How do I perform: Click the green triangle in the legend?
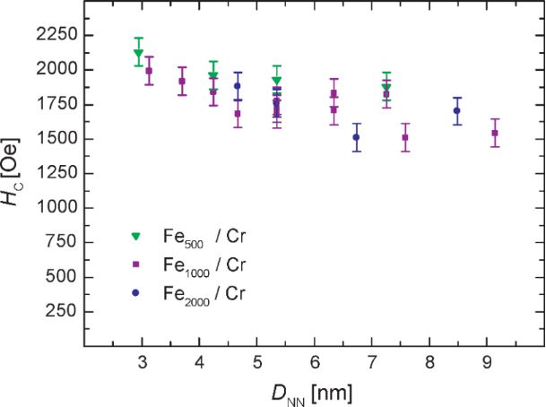coord(136,237)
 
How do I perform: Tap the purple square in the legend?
coord(136,264)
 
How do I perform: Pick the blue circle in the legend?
coord(136,293)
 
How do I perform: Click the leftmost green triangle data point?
coord(138,53)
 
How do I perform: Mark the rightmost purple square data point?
coord(495,134)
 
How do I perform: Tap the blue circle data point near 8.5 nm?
coord(457,111)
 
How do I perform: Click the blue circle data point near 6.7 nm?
coord(356,137)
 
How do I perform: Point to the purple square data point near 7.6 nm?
coord(405,137)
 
